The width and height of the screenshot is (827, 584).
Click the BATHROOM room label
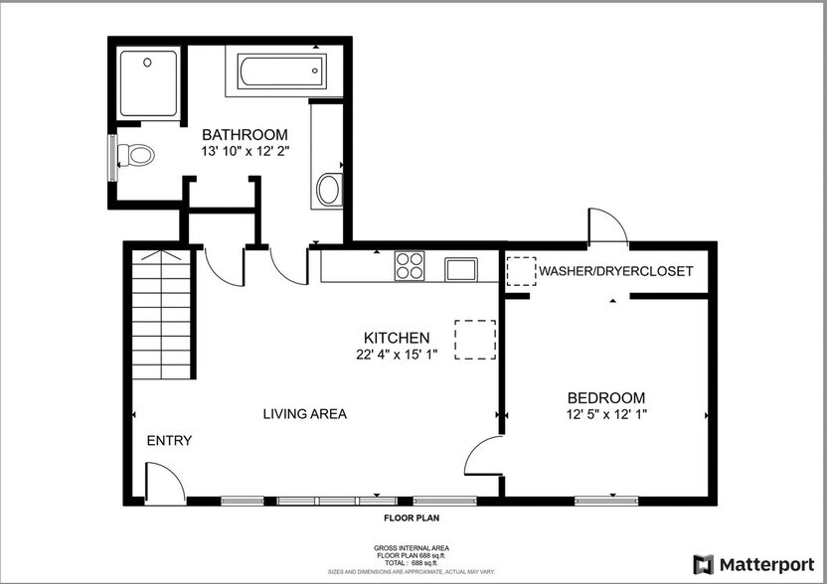245,135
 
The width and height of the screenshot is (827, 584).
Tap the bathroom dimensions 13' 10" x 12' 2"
245,152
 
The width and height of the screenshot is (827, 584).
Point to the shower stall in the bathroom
149,83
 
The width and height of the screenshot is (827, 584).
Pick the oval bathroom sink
328,189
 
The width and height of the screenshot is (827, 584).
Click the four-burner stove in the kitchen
409,266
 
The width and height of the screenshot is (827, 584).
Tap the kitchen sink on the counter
460,268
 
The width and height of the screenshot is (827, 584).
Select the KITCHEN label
396,338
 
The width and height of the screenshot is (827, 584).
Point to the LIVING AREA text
304,414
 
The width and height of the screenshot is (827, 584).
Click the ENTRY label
169,441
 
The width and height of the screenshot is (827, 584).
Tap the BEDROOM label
607,396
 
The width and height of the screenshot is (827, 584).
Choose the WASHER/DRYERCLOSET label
615,271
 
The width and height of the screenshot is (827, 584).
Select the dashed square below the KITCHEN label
474,339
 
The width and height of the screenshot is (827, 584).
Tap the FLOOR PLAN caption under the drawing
412,518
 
